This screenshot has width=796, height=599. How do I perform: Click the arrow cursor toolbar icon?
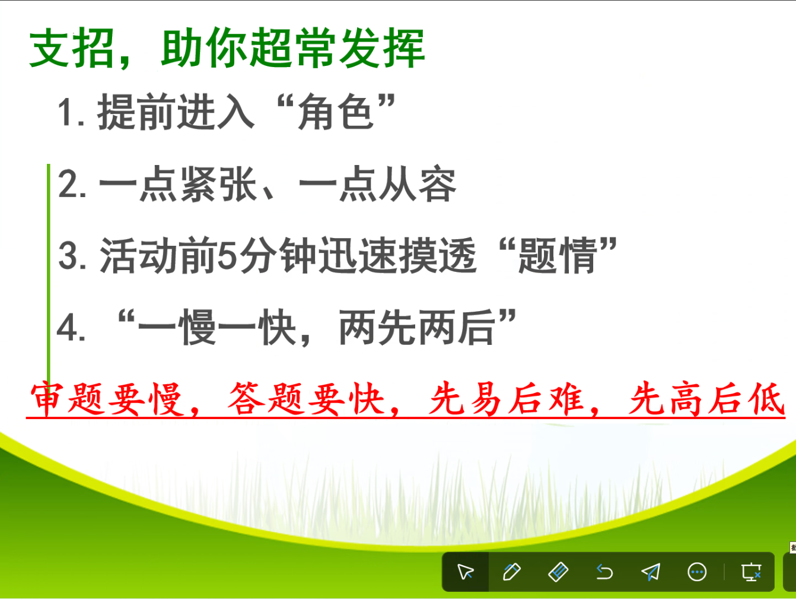click(x=465, y=572)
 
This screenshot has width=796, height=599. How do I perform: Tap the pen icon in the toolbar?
click(x=512, y=572)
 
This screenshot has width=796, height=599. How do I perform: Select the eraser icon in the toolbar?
click(x=558, y=572)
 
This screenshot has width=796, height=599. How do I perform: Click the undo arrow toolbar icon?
click(x=604, y=572)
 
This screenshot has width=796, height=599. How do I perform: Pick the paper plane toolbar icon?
click(x=651, y=572)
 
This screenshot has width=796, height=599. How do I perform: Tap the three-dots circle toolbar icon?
click(x=697, y=572)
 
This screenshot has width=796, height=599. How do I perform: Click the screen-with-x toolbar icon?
click(x=751, y=572)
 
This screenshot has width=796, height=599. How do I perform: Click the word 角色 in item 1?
click(x=336, y=112)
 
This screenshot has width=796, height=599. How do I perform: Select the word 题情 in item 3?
click(x=558, y=255)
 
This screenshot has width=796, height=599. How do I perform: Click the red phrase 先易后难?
click(x=506, y=399)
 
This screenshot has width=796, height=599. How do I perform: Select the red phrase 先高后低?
click(x=707, y=399)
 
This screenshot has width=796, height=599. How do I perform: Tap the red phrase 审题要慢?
click(x=106, y=399)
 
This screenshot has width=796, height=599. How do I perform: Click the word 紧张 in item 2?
click(x=219, y=184)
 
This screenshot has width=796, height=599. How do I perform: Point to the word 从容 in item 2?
click(x=417, y=184)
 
